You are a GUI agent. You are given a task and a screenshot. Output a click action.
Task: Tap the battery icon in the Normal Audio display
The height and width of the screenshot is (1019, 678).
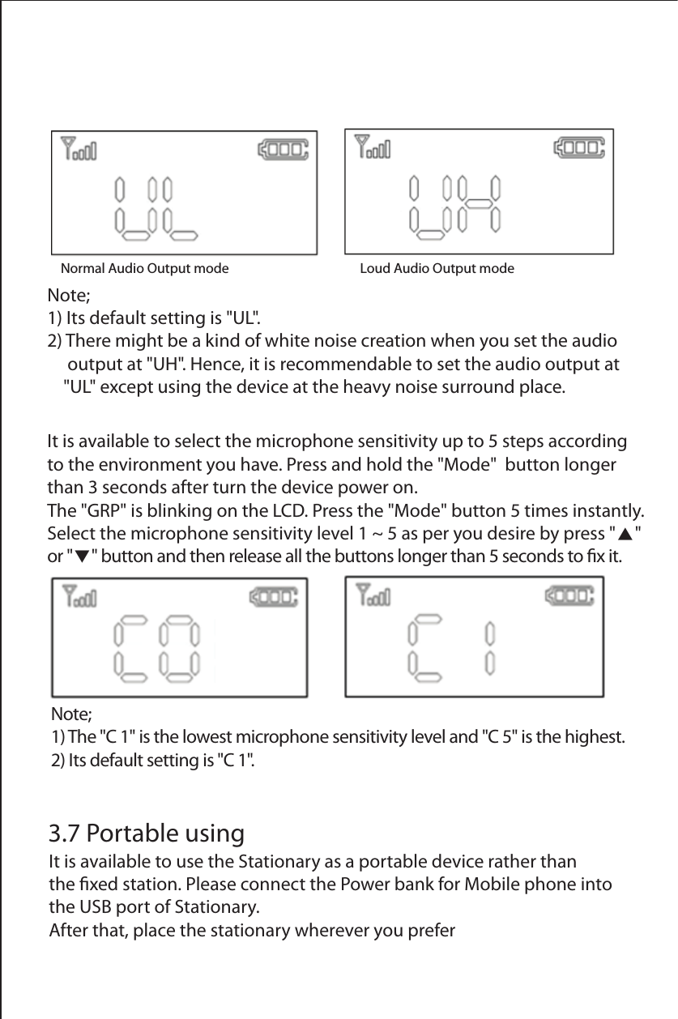pyautogui.click(x=283, y=149)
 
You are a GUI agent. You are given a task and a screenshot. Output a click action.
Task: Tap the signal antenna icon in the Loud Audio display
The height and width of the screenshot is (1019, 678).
pyautogui.click(x=373, y=147)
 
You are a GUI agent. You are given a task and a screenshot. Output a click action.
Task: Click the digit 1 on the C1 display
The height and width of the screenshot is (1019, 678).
pyautogui.click(x=489, y=648)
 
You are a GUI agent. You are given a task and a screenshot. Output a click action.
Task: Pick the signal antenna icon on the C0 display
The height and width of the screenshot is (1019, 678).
pyautogui.click(x=79, y=598)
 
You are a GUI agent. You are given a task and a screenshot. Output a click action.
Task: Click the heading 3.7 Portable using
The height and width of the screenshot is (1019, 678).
pyautogui.click(x=147, y=833)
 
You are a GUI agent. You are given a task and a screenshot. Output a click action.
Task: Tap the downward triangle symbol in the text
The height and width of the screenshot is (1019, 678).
pyautogui.click(x=83, y=558)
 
